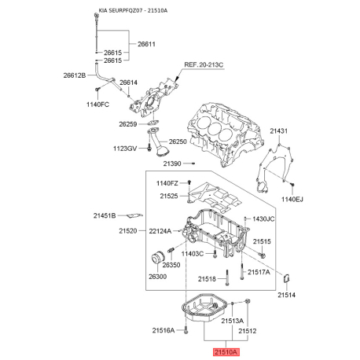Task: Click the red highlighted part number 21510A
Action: [x=226, y=352]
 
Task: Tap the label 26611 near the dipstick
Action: [x=146, y=44]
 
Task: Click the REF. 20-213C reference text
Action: [x=204, y=64]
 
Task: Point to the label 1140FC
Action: [x=97, y=105]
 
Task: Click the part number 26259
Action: [x=128, y=124]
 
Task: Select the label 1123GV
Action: [x=125, y=149]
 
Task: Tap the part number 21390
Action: [x=172, y=163]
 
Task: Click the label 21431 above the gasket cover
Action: [x=279, y=130]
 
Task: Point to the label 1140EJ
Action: [x=292, y=200]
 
